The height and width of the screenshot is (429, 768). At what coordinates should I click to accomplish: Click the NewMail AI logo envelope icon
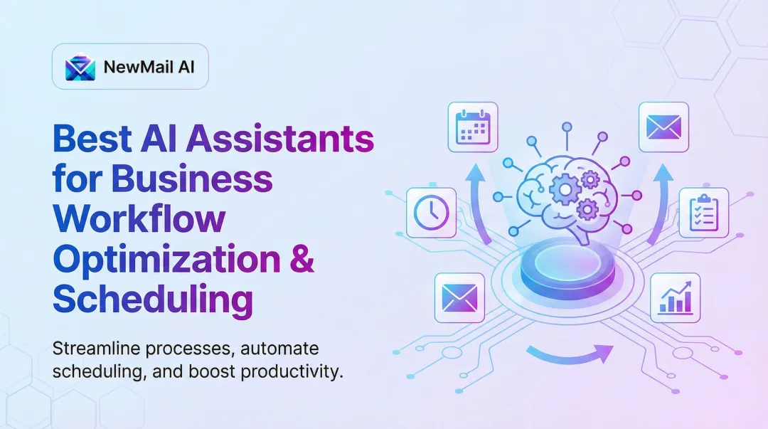[x=80, y=68]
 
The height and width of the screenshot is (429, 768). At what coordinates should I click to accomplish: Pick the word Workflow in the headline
[x=139, y=219]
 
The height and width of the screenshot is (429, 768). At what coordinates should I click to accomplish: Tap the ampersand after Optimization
[x=302, y=260]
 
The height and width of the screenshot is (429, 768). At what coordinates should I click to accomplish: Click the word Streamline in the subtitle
[x=97, y=350]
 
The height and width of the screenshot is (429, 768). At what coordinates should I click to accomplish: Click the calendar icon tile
[x=473, y=127]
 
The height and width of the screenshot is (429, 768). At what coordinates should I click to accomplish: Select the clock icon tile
[x=431, y=212]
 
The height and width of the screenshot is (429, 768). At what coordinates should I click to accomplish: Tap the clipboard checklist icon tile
[x=703, y=212]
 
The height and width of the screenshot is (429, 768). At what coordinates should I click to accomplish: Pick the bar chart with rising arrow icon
[x=675, y=297]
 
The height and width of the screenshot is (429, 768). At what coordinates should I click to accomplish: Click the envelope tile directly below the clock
[x=459, y=297]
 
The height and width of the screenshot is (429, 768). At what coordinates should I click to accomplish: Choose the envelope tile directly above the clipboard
[x=663, y=127]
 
